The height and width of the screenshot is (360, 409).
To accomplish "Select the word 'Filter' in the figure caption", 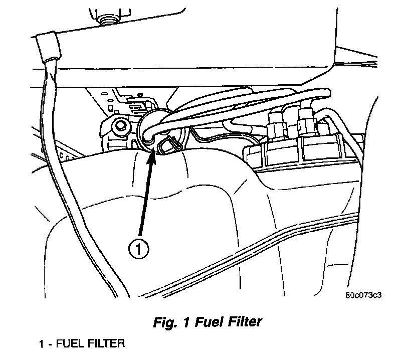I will coord(243,322).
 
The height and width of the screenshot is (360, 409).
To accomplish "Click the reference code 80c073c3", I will coord(363,295).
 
